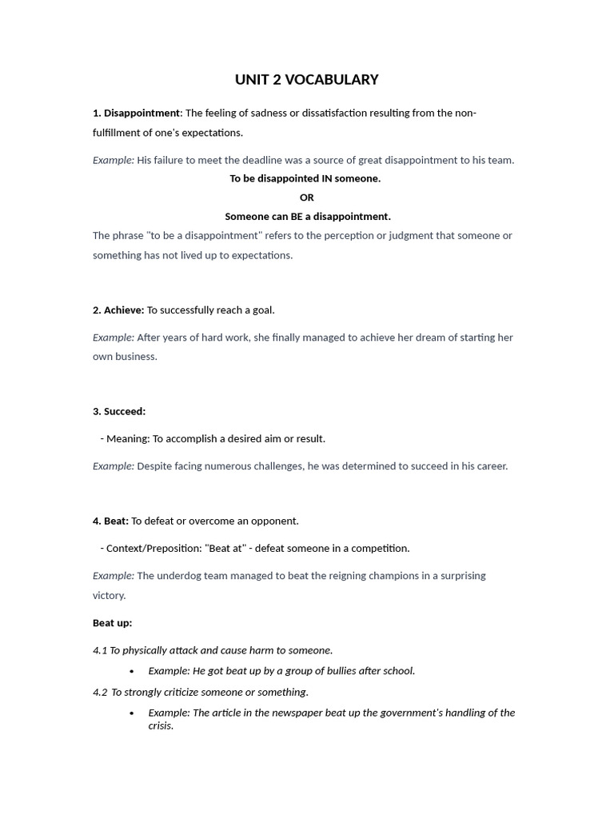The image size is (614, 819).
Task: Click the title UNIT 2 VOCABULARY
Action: coord(306,80)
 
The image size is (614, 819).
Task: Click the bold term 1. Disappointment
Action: coord(137,113)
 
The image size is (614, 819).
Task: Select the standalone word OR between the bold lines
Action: coord(307,198)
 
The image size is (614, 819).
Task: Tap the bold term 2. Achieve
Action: coord(118,310)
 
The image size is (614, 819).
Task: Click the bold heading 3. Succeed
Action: coord(119,412)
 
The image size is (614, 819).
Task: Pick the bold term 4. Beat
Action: coord(110,521)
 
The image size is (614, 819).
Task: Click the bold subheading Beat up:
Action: coord(112,623)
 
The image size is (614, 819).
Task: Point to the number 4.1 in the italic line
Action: coord(100,651)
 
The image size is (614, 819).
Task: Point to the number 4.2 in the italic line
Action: coord(100,693)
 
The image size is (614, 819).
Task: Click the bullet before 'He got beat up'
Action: coord(131,672)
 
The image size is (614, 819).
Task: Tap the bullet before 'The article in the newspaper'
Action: coord(131,713)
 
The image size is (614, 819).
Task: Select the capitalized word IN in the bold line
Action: coord(325,179)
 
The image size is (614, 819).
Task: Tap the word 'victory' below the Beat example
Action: coord(109,596)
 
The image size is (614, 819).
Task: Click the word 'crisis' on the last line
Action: coord(160,726)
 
